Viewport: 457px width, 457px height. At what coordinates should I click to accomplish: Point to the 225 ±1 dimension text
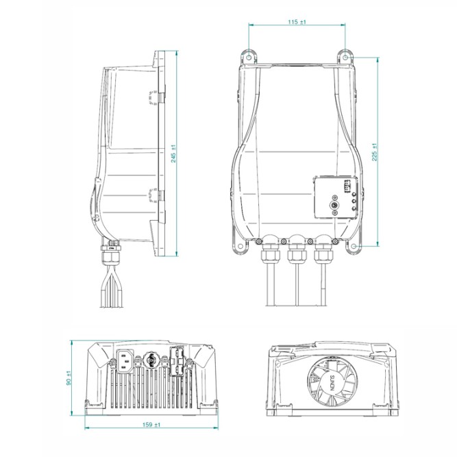[x=373, y=152]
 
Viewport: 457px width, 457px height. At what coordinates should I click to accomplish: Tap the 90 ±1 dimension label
[x=69, y=377]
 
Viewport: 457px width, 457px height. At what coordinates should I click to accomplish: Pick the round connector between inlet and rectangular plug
[x=149, y=359]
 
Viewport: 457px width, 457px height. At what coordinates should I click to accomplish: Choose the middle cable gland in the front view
[x=297, y=251]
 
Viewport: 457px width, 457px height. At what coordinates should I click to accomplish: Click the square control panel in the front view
[x=334, y=197]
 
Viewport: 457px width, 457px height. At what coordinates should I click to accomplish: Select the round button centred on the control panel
[x=334, y=204]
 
